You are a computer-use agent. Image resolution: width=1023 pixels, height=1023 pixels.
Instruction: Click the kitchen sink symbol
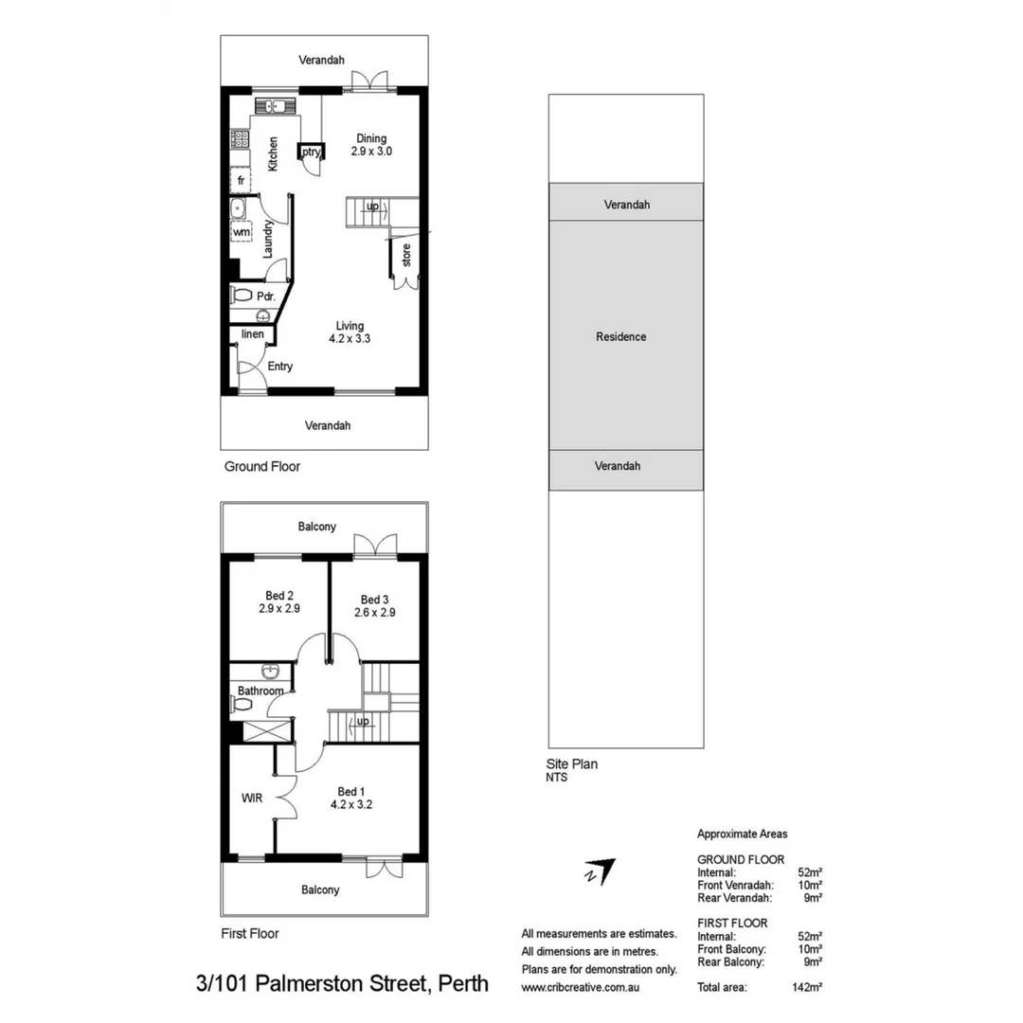click(x=275, y=106)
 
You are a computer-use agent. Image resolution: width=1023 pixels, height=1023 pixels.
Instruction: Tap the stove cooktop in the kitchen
click(x=240, y=139)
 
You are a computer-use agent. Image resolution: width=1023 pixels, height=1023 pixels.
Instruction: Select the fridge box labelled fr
click(x=241, y=181)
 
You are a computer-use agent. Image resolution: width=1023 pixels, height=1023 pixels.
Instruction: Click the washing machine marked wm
click(x=242, y=232)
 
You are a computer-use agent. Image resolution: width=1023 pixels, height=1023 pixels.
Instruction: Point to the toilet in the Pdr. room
click(x=241, y=296)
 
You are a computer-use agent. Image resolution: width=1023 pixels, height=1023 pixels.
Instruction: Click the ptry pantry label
click(x=311, y=152)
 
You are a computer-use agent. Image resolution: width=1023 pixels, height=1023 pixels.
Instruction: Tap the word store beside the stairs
click(x=406, y=255)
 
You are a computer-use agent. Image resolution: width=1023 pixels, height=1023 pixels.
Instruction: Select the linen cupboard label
click(x=253, y=334)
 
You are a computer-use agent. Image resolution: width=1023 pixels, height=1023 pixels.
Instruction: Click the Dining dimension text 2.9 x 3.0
click(x=371, y=152)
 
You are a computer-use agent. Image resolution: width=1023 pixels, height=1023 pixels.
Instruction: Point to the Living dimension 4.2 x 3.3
click(x=350, y=338)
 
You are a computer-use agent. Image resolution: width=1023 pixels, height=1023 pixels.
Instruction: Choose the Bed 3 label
click(x=374, y=600)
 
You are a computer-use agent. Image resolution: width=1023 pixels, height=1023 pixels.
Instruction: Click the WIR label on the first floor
click(x=252, y=798)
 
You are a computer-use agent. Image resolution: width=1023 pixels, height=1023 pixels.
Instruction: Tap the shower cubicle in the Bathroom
click(x=267, y=730)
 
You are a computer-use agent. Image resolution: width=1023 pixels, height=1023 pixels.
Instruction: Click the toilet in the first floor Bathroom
click(x=241, y=704)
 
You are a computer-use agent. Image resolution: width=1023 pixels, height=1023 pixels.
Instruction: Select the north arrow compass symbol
click(x=601, y=871)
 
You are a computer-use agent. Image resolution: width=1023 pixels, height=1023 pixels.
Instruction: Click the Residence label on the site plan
click(x=621, y=336)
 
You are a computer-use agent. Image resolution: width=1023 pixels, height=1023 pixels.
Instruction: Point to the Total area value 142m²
click(x=807, y=987)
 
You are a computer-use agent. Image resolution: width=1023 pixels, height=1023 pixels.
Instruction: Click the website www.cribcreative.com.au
click(x=580, y=988)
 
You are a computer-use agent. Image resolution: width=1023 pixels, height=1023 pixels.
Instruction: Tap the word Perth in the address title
click(x=462, y=983)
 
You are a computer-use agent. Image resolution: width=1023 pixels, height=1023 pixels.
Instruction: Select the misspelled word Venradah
click(x=750, y=886)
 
